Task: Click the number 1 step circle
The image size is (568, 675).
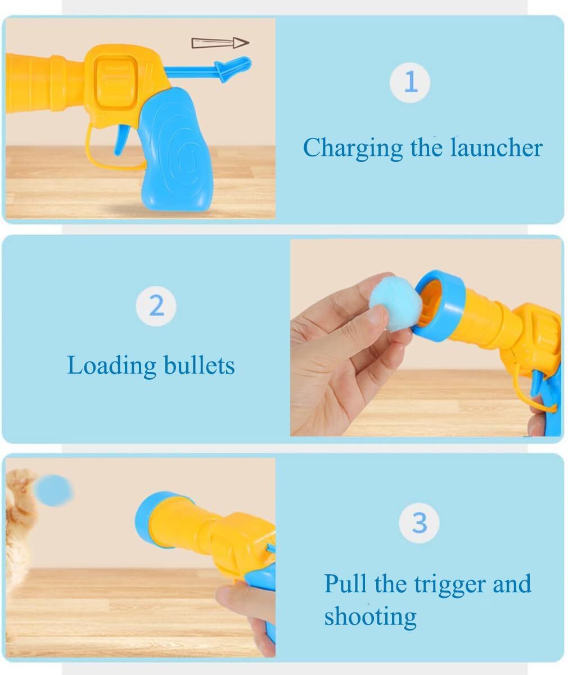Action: click(410, 83)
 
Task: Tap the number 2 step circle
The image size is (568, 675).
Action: click(156, 306)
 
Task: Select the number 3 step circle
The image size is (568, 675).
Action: click(420, 523)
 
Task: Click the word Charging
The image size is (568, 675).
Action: click(353, 148)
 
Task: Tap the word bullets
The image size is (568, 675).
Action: click(199, 365)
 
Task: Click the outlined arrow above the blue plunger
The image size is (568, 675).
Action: click(220, 43)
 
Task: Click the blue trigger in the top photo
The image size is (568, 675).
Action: click(120, 139)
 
